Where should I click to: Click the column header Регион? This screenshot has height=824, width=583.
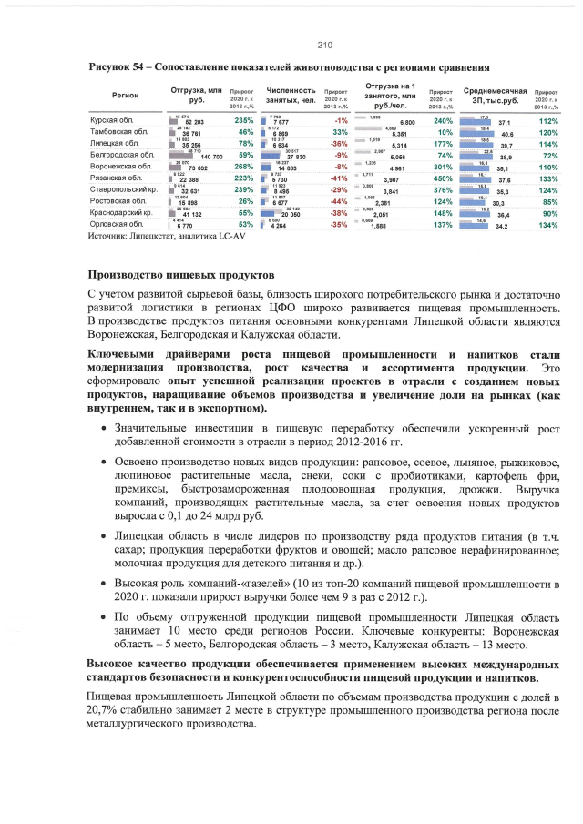[126, 96]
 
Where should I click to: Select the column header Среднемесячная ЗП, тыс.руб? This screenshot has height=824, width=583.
[496, 96]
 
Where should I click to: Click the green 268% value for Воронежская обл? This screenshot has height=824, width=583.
[243, 168]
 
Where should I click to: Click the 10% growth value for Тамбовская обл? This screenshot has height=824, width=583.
[445, 133]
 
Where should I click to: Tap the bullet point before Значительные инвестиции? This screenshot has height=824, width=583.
[108, 427]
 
